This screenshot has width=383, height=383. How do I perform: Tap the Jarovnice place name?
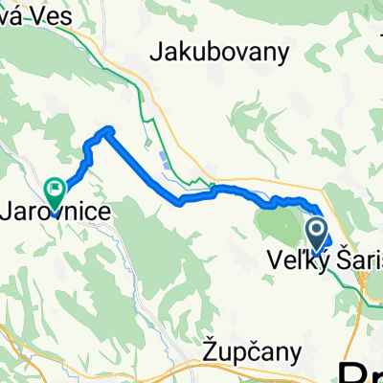61,208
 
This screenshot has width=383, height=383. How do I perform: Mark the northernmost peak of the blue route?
108,129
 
